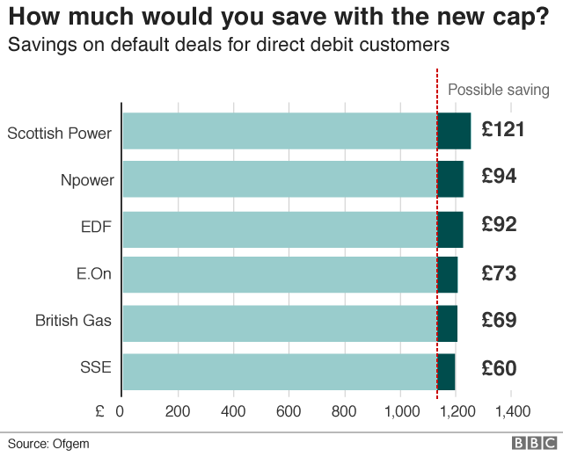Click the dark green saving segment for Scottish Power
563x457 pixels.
[454, 131]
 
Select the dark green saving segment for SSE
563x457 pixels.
[446, 372]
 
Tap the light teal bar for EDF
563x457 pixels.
[279, 229]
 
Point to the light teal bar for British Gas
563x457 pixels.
[279, 323]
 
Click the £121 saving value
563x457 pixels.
[503, 130]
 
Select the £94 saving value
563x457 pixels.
[499, 176]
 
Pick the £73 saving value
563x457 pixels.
[499, 273]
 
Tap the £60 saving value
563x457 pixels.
[499, 368]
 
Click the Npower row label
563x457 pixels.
[86, 181]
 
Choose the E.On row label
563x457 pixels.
[94, 275]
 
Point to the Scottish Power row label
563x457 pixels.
[60, 134]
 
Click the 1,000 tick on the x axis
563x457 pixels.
[400, 411]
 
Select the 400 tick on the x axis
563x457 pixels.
[232, 411]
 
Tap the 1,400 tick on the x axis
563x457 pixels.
[512, 411]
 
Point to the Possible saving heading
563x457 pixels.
[499, 90]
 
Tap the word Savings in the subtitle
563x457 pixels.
[36, 43]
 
